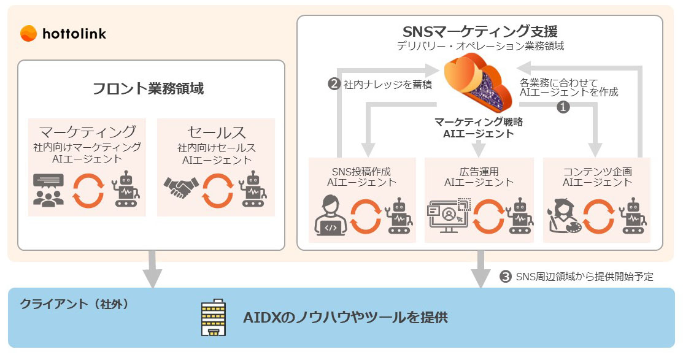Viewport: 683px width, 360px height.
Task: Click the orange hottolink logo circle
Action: (x=28, y=34)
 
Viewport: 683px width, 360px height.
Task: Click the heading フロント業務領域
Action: (x=148, y=88)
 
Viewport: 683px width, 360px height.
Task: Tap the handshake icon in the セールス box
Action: (x=181, y=188)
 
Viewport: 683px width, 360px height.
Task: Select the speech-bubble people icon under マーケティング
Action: (x=48, y=190)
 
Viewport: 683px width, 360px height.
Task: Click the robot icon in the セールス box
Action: (x=253, y=189)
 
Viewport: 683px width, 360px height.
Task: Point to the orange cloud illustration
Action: (x=478, y=81)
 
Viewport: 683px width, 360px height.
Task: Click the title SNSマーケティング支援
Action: (x=480, y=31)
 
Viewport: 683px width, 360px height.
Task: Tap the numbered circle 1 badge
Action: (x=563, y=107)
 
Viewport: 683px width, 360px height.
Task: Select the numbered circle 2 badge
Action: (x=334, y=83)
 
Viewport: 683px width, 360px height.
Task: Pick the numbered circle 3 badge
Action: (x=505, y=277)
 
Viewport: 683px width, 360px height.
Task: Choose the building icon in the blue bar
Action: (x=213, y=317)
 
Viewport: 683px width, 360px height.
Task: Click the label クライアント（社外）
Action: (x=74, y=304)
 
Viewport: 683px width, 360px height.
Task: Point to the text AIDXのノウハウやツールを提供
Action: (x=345, y=317)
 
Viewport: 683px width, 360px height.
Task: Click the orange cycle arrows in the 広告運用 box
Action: (x=488, y=216)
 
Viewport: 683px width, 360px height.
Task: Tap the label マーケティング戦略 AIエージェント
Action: (x=479, y=128)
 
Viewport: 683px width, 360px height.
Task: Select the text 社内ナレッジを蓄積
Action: (x=388, y=85)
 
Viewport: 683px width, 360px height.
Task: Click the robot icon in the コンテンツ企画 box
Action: (x=635, y=216)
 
